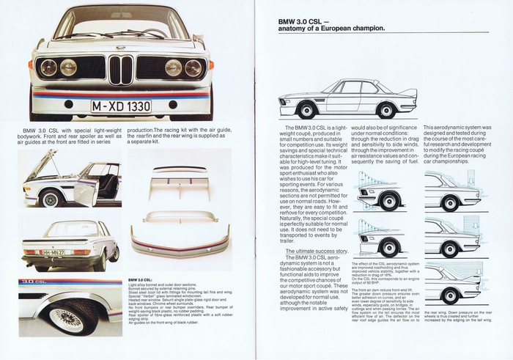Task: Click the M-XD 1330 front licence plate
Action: pyautogui.click(x=121, y=106)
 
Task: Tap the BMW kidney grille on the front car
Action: pyautogui.click(x=121, y=70)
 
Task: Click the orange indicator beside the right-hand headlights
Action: pyautogui.click(x=210, y=65)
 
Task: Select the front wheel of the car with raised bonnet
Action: pyautogui.click(x=50, y=198)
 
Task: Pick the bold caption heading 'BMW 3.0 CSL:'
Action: pyautogui.click(x=140, y=280)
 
